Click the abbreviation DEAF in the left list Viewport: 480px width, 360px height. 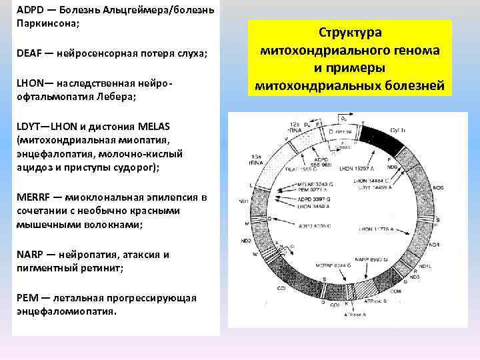click(x=29, y=53)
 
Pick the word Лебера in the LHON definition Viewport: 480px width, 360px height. click(x=117, y=97)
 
